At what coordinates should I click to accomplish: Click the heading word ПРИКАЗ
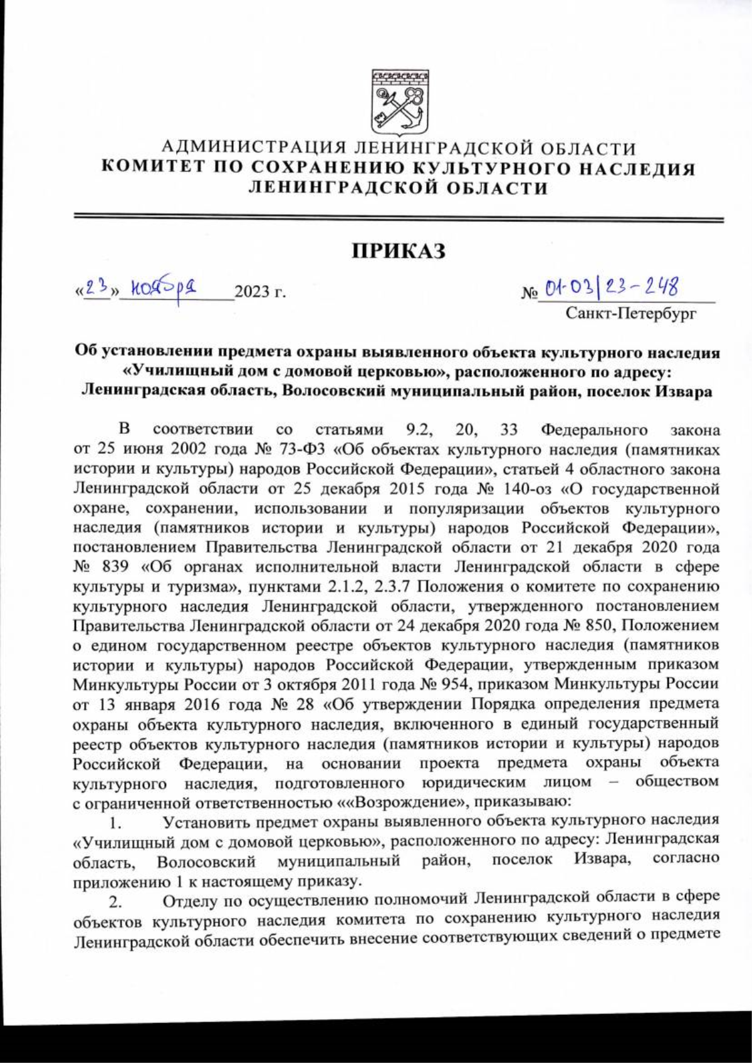pos(399,251)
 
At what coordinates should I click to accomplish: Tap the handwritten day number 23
pos(97,288)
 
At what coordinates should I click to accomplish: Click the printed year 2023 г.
pos(259,292)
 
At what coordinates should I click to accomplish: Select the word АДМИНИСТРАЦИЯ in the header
pos(254,149)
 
